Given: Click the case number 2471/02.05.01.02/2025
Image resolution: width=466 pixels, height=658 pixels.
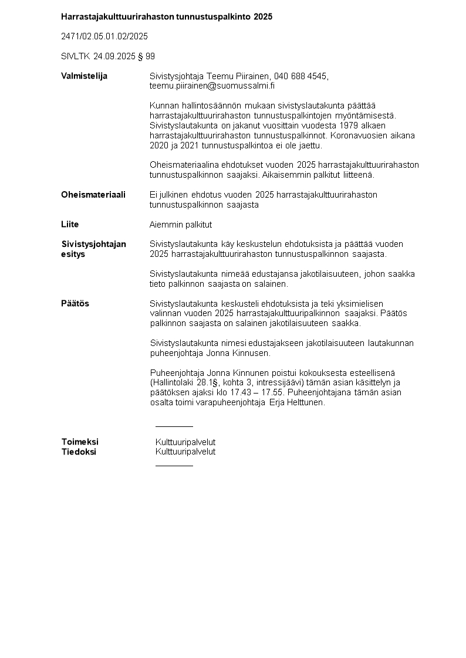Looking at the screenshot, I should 104,36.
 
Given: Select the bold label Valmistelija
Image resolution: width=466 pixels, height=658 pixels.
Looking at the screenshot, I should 84,76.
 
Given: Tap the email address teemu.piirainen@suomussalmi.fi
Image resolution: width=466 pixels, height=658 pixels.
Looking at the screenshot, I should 212,86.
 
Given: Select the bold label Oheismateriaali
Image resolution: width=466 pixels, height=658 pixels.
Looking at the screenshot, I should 93,195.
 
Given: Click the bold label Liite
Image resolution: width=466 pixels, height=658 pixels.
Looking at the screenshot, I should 70,224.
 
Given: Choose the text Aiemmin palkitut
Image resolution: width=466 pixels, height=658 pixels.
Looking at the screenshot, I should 181,225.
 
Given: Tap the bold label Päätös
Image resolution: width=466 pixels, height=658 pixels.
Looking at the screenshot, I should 75,303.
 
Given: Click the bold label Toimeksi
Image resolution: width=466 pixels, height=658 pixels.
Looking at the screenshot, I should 80,442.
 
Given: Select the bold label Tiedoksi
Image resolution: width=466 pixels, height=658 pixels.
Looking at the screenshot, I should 79,452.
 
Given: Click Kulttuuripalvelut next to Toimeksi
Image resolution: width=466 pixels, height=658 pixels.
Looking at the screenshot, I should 185,442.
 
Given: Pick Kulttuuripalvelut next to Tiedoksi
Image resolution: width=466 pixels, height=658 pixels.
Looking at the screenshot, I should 185,452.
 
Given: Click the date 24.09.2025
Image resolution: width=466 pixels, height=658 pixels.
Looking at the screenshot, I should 114,56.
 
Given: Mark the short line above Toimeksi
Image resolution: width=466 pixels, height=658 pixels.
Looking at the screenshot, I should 174,426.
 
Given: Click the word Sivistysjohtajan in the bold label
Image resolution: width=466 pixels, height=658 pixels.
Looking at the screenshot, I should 93,244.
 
